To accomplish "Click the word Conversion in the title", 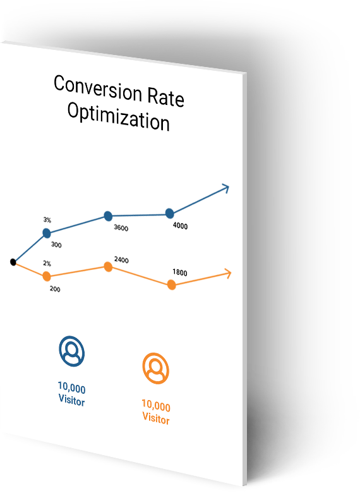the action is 98,88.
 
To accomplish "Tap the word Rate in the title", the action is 165,97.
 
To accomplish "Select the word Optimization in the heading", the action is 119,116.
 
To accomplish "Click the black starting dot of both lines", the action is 13,262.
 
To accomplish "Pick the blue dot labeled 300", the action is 47,233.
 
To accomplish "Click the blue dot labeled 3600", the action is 108,216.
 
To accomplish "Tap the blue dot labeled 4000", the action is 170,214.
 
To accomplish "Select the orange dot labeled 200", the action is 47,276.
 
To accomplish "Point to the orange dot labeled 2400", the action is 108,267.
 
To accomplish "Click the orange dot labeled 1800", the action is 172,285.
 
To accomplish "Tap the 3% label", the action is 47,220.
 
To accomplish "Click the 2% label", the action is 47,263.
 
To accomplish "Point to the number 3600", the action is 121,228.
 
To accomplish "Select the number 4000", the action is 180,226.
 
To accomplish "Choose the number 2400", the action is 121,260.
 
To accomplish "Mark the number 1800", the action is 180,272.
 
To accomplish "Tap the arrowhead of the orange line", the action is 228,274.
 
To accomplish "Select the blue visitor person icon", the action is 71,351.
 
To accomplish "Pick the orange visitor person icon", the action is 156,368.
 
